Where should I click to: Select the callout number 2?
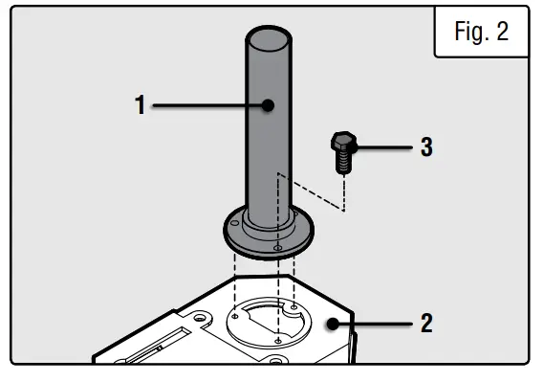click(426, 323)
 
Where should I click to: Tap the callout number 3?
click(426, 147)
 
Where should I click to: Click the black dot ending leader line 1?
click(270, 105)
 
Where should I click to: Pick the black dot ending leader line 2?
click(332, 324)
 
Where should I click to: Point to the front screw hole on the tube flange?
click(277, 247)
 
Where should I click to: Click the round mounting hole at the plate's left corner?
click(204, 316)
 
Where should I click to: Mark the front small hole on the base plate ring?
click(275, 339)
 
